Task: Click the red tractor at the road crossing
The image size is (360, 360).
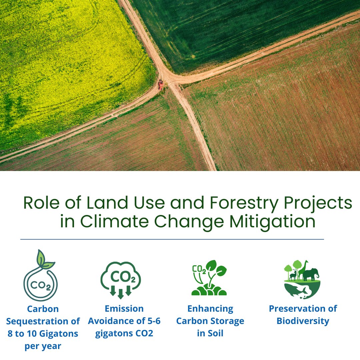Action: pyautogui.click(x=161, y=84)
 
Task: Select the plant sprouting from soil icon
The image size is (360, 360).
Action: pyautogui.click(x=209, y=278)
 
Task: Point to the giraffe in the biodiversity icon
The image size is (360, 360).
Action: pyautogui.click(x=303, y=269)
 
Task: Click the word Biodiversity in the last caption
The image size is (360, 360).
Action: pyautogui.click(x=303, y=321)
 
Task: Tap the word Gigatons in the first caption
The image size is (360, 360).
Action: pyautogui.click(x=57, y=334)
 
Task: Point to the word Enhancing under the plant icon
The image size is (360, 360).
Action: pyautogui.click(x=210, y=309)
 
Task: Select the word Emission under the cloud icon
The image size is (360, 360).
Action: pyautogui.click(x=124, y=309)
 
